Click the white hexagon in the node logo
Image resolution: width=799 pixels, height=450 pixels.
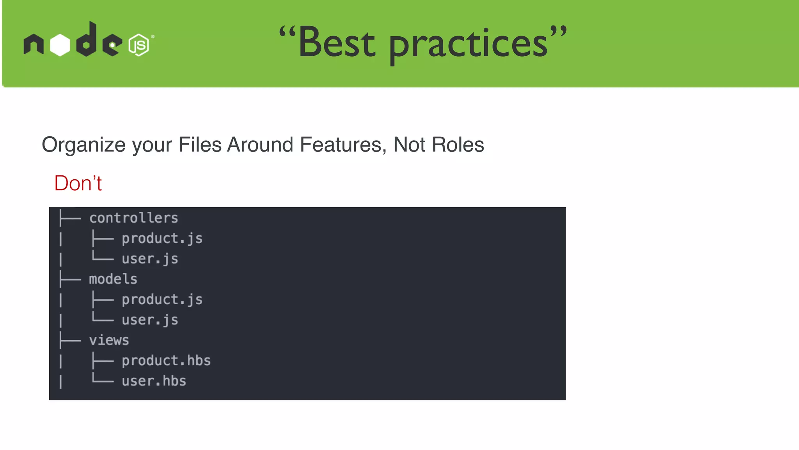point(60,45)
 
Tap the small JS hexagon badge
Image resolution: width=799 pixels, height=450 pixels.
point(138,45)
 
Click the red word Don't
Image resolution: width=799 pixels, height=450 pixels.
point(78,183)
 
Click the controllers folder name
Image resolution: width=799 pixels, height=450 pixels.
point(133,218)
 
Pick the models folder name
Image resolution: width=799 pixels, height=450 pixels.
point(113,279)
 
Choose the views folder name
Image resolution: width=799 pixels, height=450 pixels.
point(109,340)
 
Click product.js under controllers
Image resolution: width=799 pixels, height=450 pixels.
point(162,238)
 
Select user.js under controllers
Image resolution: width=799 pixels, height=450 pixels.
point(150,259)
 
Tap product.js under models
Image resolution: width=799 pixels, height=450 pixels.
point(162,300)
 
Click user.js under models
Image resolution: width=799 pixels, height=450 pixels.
point(150,320)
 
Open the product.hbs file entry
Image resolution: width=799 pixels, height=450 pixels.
point(166,361)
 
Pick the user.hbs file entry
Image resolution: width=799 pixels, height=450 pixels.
point(154,381)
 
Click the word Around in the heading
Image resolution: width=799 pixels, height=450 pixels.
point(260,145)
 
